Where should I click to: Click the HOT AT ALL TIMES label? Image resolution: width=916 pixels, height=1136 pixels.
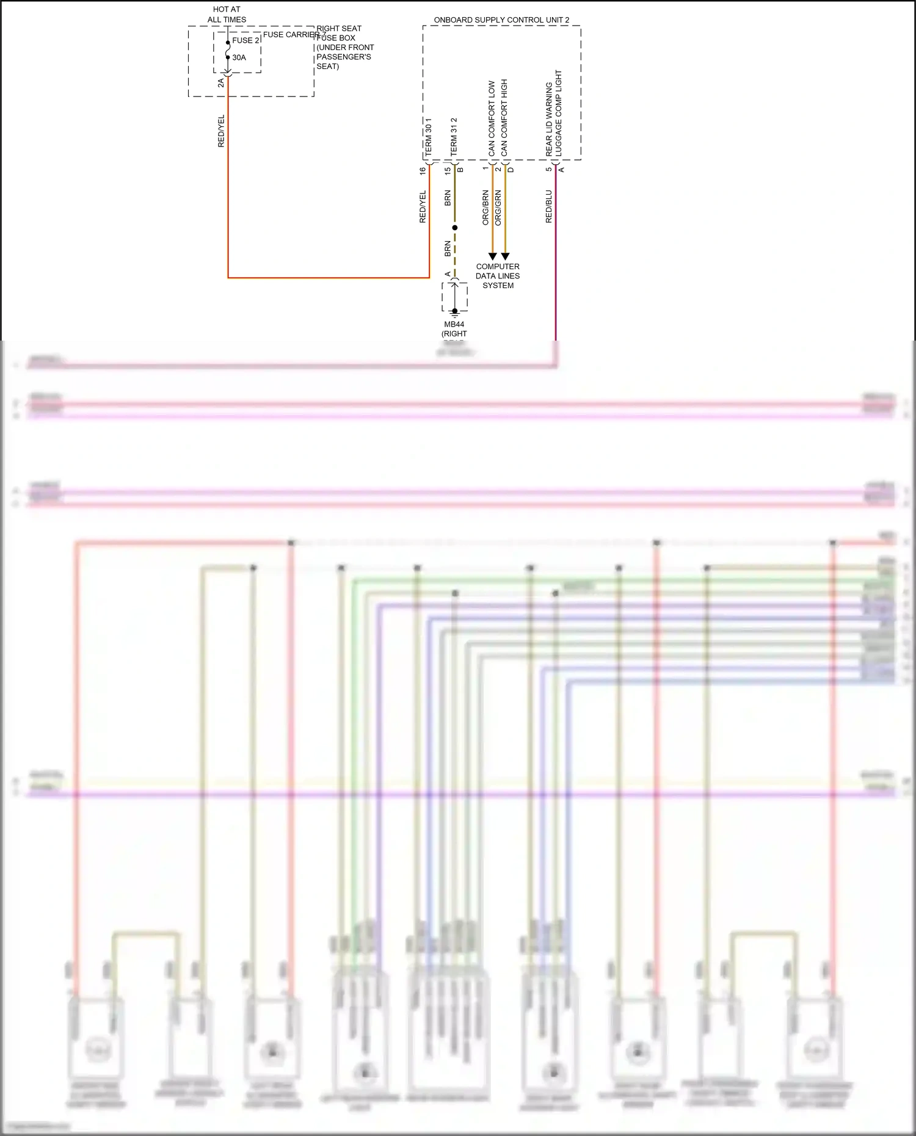(x=227, y=15)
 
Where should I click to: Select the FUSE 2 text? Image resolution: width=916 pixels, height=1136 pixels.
(x=245, y=40)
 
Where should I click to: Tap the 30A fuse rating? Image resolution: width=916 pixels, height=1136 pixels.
(x=239, y=57)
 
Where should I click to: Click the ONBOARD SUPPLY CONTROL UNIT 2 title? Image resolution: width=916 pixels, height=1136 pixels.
(x=501, y=20)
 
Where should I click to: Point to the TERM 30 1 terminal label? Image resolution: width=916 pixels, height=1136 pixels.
(x=428, y=137)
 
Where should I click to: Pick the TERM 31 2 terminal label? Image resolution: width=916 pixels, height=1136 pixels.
(x=454, y=137)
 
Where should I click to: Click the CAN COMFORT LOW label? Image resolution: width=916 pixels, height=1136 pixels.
(x=492, y=118)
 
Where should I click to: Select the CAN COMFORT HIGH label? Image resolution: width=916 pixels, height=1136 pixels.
(x=504, y=117)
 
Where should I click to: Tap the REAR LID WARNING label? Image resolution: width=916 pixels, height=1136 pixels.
(x=548, y=119)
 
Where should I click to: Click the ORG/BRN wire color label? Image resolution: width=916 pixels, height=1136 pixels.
(x=485, y=208)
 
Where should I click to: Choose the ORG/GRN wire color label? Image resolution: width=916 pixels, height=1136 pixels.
(x=498, y=208)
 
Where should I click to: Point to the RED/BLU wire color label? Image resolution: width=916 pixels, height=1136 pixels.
(x=548, y=206)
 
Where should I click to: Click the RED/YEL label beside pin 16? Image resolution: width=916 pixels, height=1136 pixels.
(x=423, y=207)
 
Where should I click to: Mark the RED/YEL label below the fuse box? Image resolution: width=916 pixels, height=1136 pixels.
(x=221, y=131)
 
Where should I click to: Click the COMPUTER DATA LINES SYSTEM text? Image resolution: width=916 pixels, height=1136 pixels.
(x=498, y=276)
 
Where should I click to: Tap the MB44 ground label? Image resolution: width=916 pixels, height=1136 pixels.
(x=454, y=324)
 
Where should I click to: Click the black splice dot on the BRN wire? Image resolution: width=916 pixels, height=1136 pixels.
(x=454, y=228)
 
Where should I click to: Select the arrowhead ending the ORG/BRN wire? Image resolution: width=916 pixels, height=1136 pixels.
(x=492, y=256)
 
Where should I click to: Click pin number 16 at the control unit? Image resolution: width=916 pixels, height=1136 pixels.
(x=423, y=171)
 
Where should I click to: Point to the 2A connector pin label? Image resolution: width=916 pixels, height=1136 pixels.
(x=221, y=83)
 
